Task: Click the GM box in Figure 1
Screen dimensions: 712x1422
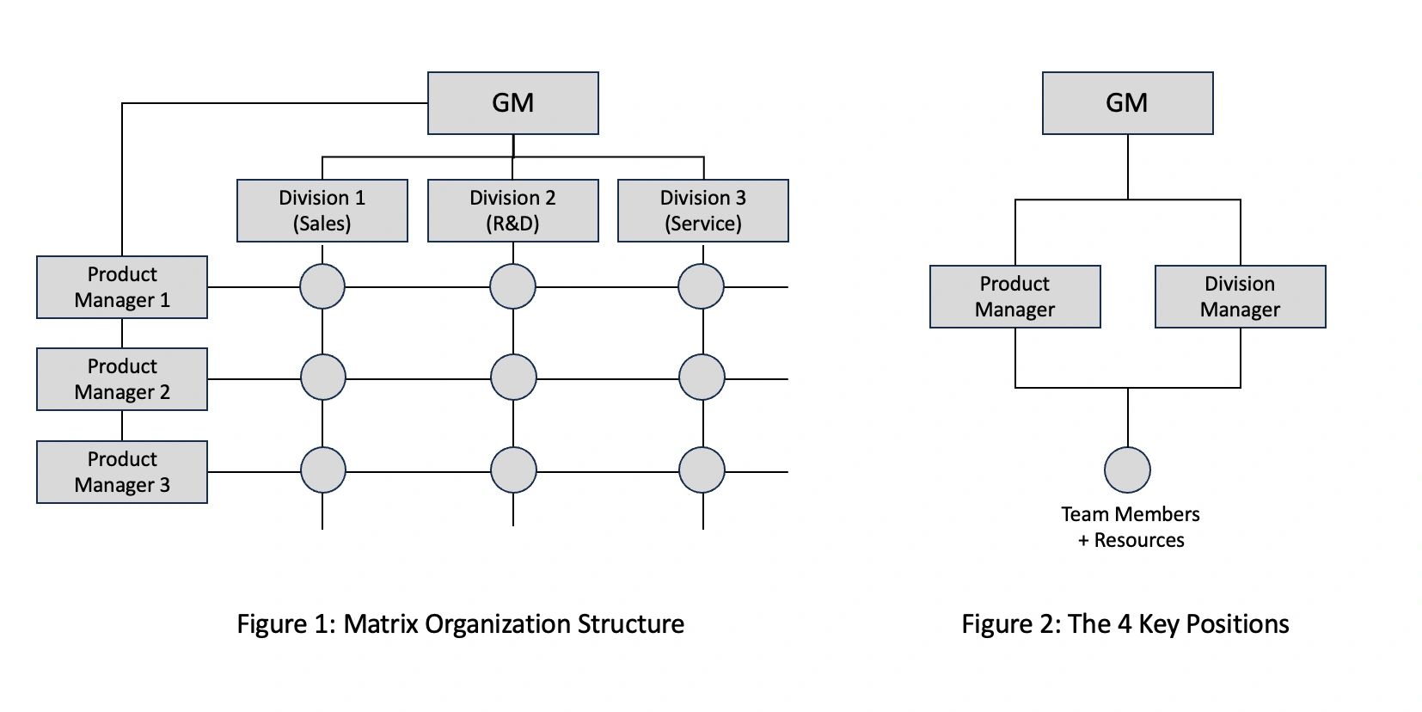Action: tap(512, 103)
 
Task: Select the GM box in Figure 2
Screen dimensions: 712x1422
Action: tap(1127, 103)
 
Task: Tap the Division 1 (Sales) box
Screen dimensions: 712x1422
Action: tap(322, 211)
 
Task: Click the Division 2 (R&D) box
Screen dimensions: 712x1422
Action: tap(512, 211)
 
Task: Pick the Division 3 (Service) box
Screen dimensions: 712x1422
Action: tap(702, 211)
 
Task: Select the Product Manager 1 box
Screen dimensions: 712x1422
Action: tap(122, 287)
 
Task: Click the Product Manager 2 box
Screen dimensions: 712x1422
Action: tap(122, 379)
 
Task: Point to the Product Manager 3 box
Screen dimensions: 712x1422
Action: tap(122, 472)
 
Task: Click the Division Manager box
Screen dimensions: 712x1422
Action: tap(1240, 297)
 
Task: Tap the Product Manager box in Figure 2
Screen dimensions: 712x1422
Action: tap(1014, 297)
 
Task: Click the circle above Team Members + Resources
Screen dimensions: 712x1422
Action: tap(1127, 470)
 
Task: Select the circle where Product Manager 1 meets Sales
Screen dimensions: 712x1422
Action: tap(322, 286)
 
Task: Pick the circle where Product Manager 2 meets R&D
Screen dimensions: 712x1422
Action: tap(513, 377)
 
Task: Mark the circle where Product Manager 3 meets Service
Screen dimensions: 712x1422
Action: tap(702, 470)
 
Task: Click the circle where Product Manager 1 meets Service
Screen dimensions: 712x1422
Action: tap(701, 286)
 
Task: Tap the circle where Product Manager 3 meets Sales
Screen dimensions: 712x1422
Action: tap(323, 470)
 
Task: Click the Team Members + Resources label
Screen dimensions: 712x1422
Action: tap(1131, 527)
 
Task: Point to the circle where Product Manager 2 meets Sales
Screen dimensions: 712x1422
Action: tap(323, 377)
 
